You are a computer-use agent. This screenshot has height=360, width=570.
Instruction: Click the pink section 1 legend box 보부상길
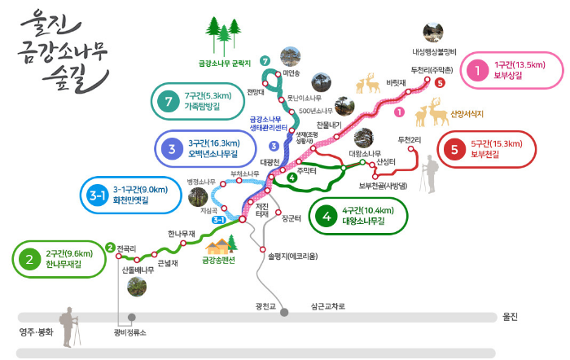(x=512, y=70)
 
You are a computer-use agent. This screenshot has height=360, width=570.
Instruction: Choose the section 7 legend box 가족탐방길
(x=204, y=101)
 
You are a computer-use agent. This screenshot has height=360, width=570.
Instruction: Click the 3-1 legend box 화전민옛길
(x=130, y=195)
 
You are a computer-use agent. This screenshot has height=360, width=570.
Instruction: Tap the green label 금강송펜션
(x=217, y=261)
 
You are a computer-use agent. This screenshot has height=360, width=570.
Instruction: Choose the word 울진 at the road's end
(x=511, y=317)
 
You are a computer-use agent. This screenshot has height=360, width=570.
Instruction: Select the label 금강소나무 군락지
(x=224, y=62)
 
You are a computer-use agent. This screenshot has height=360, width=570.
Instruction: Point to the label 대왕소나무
(x=365, y=153)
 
